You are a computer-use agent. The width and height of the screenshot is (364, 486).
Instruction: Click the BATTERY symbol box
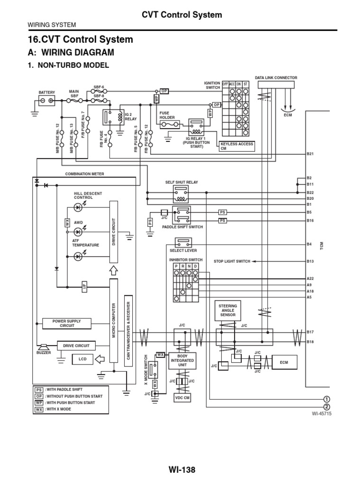point(46,101)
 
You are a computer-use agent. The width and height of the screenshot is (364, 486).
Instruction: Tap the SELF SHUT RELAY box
point(180,191)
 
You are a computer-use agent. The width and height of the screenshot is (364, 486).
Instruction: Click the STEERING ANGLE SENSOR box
point(227,310)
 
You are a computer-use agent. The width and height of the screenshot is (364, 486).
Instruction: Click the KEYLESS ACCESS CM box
point(237,146)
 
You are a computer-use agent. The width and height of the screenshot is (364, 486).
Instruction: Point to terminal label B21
point(310,155)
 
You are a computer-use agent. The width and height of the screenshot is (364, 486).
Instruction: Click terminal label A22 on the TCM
point(310,278)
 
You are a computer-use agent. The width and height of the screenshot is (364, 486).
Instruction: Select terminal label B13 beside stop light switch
point(310,261)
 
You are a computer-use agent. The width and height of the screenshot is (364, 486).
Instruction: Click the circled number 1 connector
point(326,399)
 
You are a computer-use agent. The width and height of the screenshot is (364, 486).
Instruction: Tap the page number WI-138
point(182,469)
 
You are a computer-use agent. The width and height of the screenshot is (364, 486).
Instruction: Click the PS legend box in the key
point(39,390)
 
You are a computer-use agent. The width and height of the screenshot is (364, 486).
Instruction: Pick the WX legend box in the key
point(39,409)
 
